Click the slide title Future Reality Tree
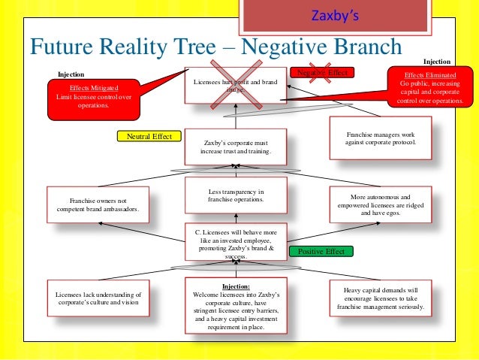click(214, 47)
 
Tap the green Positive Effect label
click(321, 251)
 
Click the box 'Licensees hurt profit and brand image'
click(234, 86)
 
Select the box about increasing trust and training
click(234, 147)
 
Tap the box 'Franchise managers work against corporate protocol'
click(381, 138)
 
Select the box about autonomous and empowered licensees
click(381, 204)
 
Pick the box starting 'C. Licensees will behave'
click(234, 241)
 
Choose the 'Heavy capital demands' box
click(381, 299)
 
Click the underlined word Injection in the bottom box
click(235, 286)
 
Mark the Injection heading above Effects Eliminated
click(438, 62)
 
